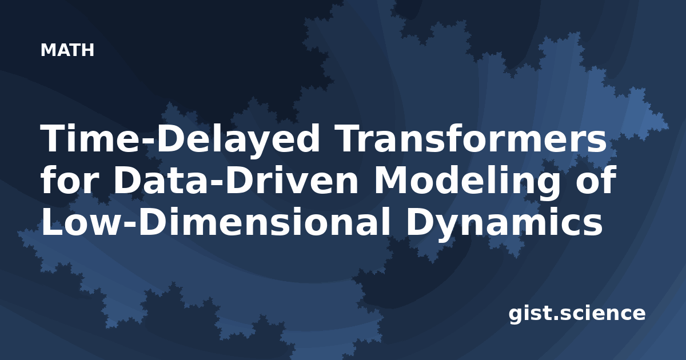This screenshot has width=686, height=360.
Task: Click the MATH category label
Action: [67, 50]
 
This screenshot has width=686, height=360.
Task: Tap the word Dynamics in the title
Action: [504, 224]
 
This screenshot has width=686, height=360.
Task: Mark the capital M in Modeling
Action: [392, 181]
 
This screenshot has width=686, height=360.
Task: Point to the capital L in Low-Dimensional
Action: [52, 222]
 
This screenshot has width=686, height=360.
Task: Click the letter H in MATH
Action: [87, 50]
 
